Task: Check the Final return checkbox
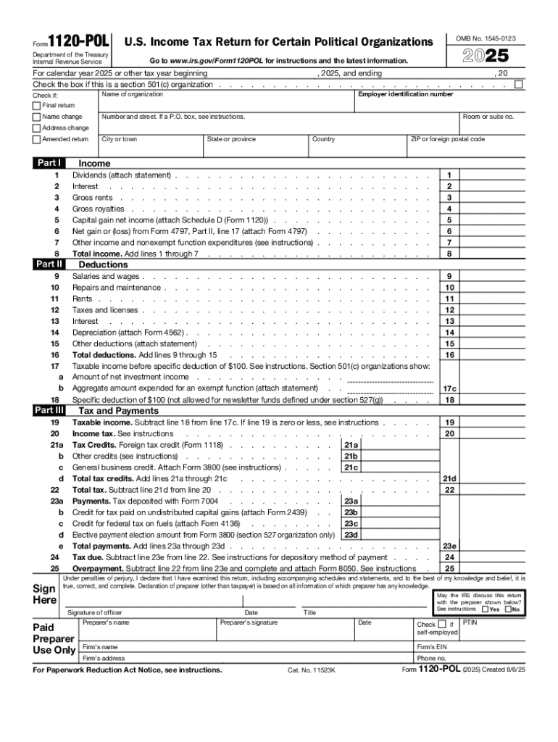pos(36,106)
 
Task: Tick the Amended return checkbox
pos(36,139)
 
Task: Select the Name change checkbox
pos(36,117)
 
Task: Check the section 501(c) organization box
pos(518,85)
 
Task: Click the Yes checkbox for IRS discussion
pos(486,609)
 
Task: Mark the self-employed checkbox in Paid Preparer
pos(442,625)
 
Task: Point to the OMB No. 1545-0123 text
pos(491,38)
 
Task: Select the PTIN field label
pos(469,622)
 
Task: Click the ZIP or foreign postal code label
pos(447,139)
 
